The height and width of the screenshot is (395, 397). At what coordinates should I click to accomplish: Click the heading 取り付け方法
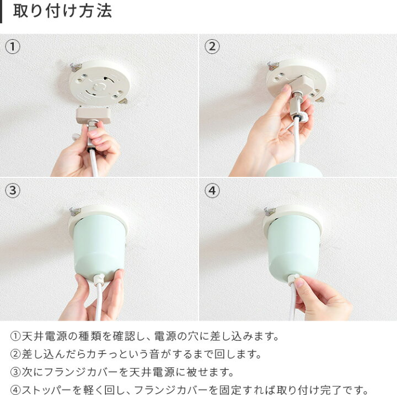pyautogui.click(x=62, y=12)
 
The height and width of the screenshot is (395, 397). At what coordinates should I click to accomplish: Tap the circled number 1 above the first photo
pyautogui.click(x=13, y=47)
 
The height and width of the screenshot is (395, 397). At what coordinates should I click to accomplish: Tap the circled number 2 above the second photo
pyautogui.click(x=212, y=47)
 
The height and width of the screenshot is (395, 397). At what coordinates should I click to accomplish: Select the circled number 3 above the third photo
pyautogui.click(x=13, y=191)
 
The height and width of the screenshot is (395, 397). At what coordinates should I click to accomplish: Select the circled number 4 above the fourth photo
pyautogui.click(x=212, y=191)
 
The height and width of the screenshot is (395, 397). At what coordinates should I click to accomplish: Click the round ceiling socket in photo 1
pyautogui.click(x=99, y=83)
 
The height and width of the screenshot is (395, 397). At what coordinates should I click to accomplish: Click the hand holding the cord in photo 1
pyautogui.click(x=88, y=154)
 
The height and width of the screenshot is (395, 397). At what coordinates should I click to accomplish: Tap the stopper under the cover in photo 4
pyautogui.click(x=293, y=278)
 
